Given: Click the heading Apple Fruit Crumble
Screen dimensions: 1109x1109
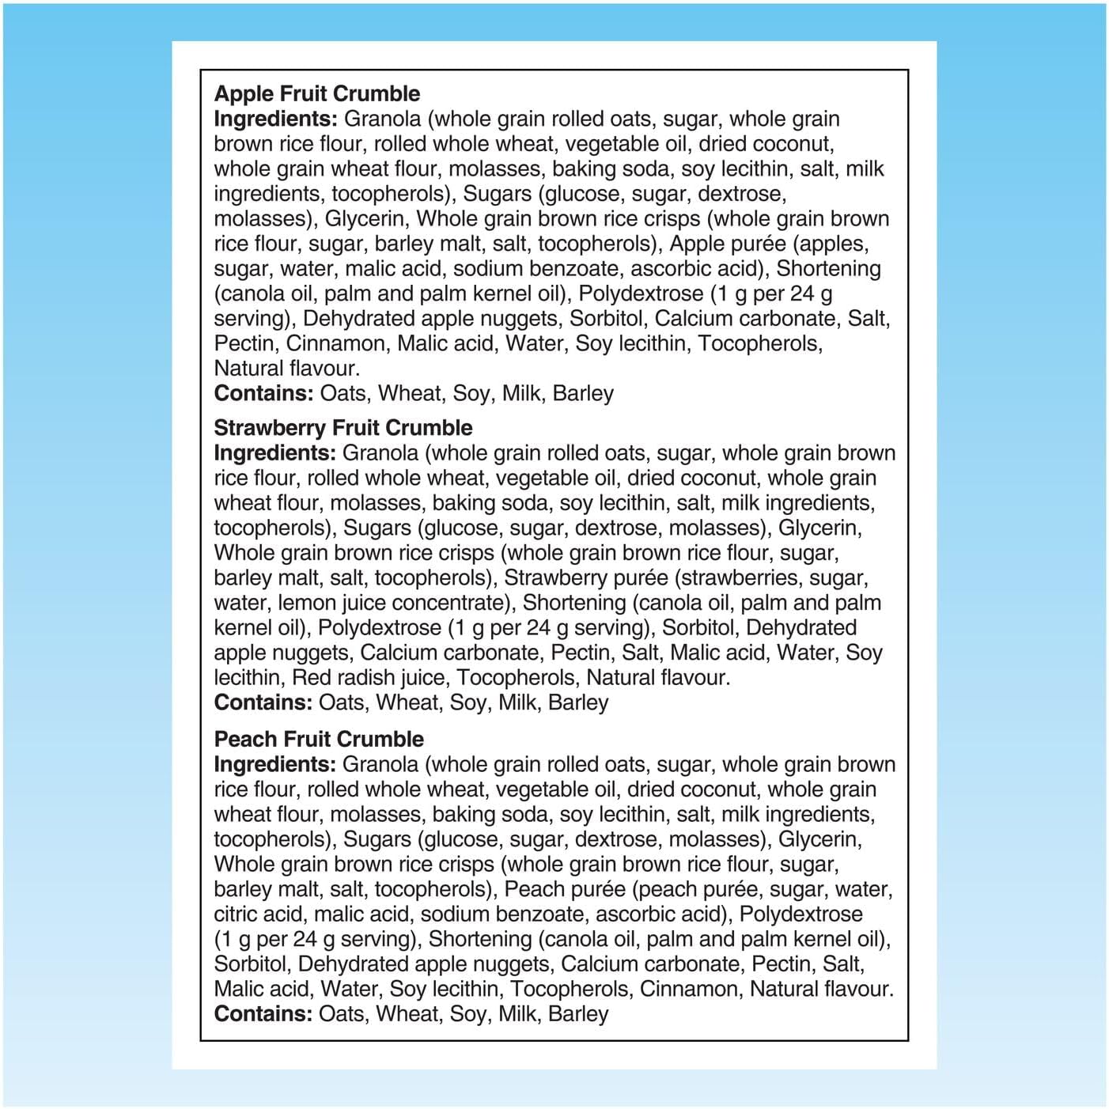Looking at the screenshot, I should (x=316, y=93).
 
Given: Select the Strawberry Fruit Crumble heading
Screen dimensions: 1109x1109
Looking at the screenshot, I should (x=343, y=428).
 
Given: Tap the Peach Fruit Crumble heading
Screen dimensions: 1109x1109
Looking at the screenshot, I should (x=319, y=739).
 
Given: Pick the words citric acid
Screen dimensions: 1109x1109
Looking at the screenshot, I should (x=258, y=914).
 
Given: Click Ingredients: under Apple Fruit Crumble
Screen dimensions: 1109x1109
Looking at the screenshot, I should (x=276, y=119).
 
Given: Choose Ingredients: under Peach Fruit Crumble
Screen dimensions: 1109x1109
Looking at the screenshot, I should (x=276, y=764).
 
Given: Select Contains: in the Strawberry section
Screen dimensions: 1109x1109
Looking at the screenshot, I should (x=263, y=702).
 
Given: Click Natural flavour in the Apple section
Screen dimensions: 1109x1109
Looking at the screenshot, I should (x=286, y=369).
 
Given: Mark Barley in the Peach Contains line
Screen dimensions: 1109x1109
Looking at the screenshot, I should (x=578, y=1014).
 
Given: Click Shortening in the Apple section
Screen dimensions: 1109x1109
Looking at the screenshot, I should (x=828, y=269).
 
